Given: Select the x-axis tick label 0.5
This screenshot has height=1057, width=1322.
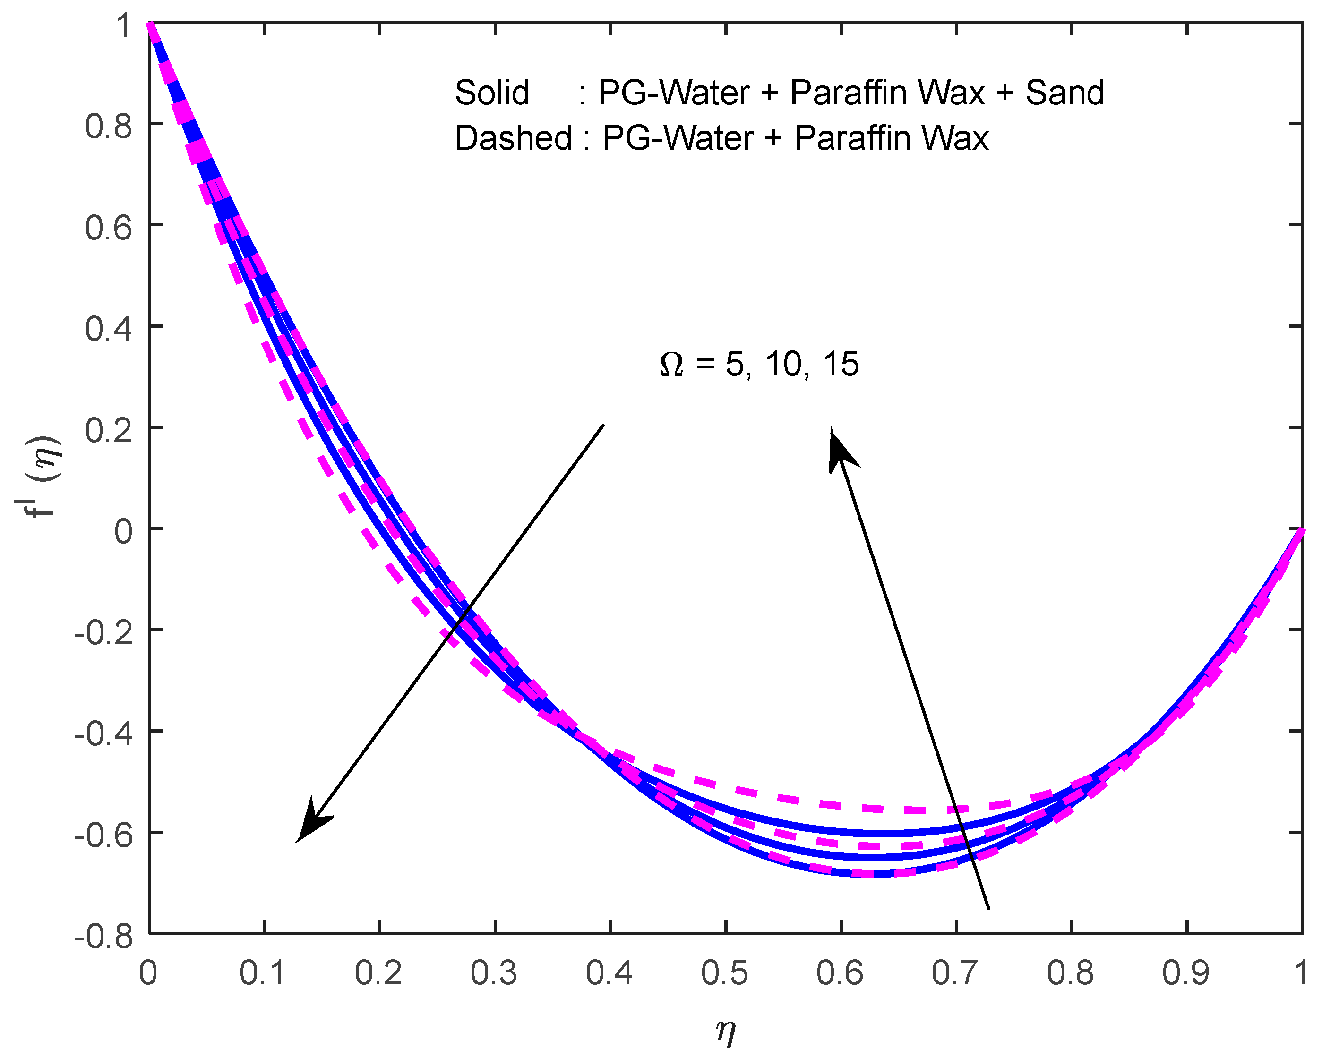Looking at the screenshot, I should click(x=725, y=973).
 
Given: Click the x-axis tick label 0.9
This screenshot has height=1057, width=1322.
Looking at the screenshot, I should click(x=1186, y=973).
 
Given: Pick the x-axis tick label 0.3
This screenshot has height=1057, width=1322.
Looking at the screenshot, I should click(x=494, y=973).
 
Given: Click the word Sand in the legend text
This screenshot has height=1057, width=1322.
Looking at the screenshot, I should click(x=1064, y=93).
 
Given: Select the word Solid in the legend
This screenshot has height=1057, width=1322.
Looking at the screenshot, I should click(x=492, y=93).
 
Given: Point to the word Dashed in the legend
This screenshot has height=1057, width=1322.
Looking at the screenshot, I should click(x=513, y=138).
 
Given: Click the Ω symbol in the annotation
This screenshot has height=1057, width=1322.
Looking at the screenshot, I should click(x=671, y=366).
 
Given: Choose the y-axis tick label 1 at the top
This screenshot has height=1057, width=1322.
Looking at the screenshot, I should click(x=124, y=26).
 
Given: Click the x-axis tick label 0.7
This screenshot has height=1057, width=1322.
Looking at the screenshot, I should click(x=955, y=973).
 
